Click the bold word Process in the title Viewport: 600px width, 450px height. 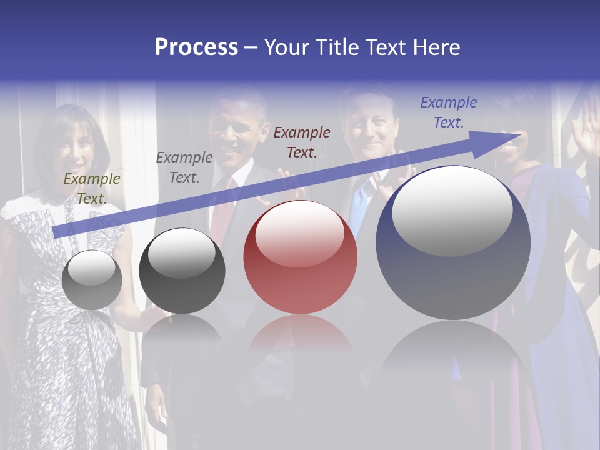tap(196, 47)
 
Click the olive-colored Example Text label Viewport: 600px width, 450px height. tap(91, 189)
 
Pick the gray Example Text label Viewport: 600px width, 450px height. tap(184, 167)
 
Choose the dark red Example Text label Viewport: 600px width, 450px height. tap(302, 142)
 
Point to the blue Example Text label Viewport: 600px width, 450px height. tap(448, 112)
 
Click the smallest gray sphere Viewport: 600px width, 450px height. tap(92, 280)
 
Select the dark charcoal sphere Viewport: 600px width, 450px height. tap(182, 271)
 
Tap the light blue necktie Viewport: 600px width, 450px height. tap(358, 206)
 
